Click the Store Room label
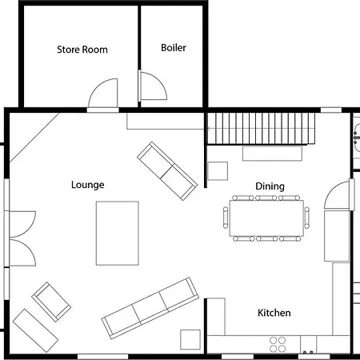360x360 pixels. click(82, 50)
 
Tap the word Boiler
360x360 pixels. click(174, 48)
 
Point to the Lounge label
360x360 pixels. click(87, 185)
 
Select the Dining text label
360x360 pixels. click(270, 186)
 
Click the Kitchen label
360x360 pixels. click(274, 313)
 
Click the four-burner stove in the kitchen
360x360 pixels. click(278, 344)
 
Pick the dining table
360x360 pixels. click(266, 218)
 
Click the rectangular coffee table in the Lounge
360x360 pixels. click(118, 233)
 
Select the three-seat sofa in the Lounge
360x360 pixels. click(150, 308)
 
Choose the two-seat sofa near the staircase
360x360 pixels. click(167, 171)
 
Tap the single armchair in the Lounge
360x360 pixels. click(51, 302)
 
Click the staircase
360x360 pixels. click(261, 129)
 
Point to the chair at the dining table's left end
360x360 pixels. click(226, 218)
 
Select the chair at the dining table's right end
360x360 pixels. click(307, 218)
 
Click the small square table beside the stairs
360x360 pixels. click(218, 171)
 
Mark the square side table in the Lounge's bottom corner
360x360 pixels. click(190, 339)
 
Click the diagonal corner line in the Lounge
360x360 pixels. click(34, 138)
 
